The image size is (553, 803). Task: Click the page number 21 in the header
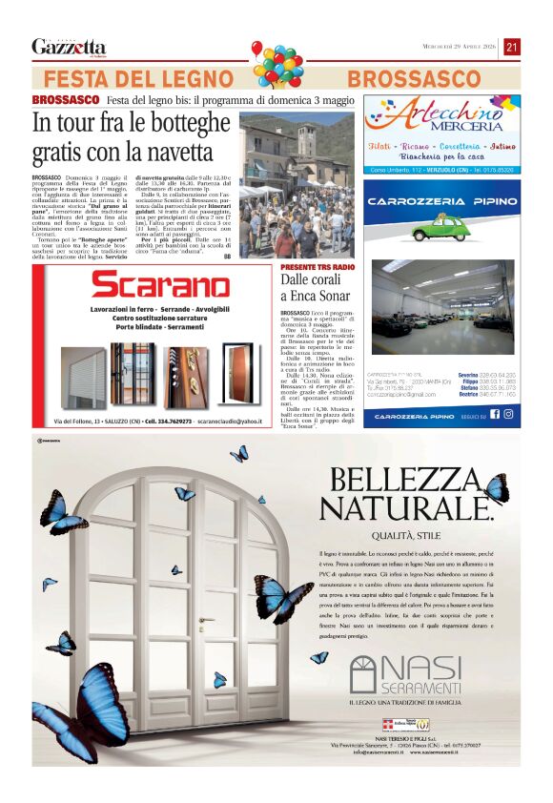click(x=512, y=47)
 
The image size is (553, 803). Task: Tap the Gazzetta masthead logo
click(x=69, y=47)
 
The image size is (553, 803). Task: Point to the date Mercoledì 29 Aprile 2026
click(x=461, y=47)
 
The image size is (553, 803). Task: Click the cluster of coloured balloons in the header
click(x=277, y=64)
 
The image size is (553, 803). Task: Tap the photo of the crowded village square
click(x=296, y=186)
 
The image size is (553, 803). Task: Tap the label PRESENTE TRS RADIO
click(x=316, y=266)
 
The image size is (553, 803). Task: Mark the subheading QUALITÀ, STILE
click(x=412, y=536)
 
